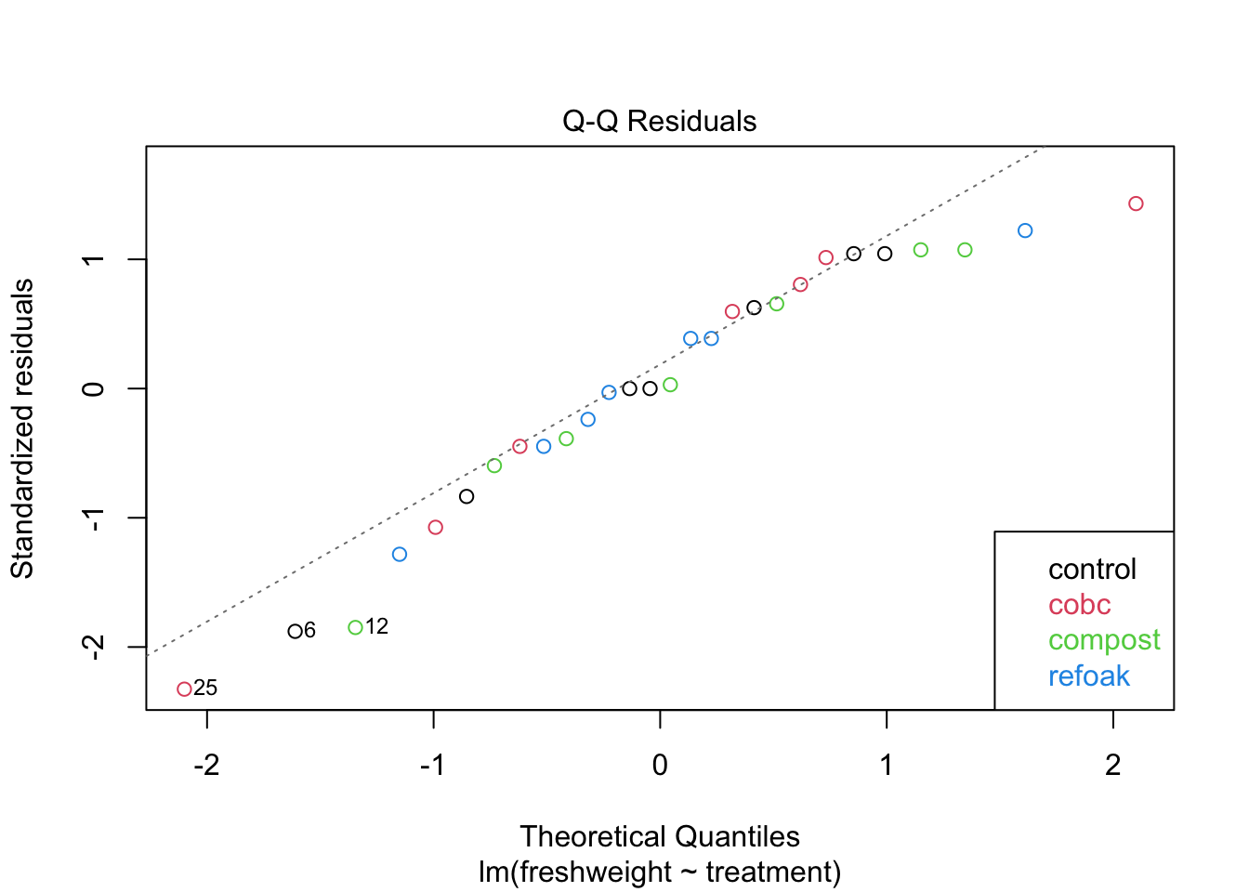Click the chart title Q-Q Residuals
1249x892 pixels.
pyautogui.click(x=659, y=121)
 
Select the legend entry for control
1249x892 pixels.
pyautogui.click(x=1092, y=569)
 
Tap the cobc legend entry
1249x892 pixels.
pyautogui.click(x=1079, y=605)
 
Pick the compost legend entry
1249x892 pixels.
pyautogui.click(x=1104, y=640)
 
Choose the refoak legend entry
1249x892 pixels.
pyautogui.click(x=1088, y=676)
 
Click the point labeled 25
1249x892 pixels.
pyautogui.click(x=184, y=689)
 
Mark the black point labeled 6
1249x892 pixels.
pyautogui.click(x=295, y=631)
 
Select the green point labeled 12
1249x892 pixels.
pyautogui.click(x=355, y=627)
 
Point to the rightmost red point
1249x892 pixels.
pyautogui.click(x=1136, y=203)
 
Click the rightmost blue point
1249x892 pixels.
pyautogui.click(x=1025, y=230)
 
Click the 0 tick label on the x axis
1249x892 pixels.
pyautogui.click(x=660, y=765)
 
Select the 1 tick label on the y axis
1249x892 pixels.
pyautogui.click(x=93, y=259)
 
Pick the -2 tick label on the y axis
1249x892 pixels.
pyautogui.click(x=93, y=647)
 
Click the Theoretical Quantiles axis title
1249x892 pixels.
pyautogui.click(x=659, y=836)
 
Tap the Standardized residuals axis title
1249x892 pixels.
pyautogui.click(x=22, y=428)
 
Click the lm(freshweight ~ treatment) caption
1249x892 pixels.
pyautogui.click(x=659, y=872)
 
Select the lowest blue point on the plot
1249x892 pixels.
pyautogui.click(x=400, y=554)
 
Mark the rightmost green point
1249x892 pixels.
pyautogui.click(x=965, y=250)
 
